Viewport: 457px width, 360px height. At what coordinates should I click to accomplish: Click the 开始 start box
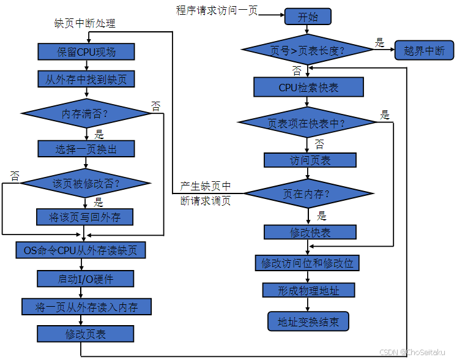click(x=308, y=17)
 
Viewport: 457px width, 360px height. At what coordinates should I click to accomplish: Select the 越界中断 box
click(x=424, y=50)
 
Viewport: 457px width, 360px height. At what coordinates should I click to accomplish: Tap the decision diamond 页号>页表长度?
click(x=307, y=50)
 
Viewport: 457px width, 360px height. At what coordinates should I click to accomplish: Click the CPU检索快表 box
click(x=308, y=87)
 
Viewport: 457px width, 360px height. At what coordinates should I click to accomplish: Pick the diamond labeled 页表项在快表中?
click(x=307, y=122)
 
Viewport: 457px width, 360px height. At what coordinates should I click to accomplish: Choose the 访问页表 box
click(x=310, y=160)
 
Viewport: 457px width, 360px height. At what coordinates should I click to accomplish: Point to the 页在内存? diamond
click(x=307, y=194)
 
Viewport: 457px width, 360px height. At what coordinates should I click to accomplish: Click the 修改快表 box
click(x=310, y=232)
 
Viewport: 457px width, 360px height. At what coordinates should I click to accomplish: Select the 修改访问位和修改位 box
click(x=307, y=263)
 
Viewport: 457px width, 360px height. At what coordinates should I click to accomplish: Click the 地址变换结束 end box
click(x=308, y=321)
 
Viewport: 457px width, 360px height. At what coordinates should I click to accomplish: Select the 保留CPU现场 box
click(x=86, y=51)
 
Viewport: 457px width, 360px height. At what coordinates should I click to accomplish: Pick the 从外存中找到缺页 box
click(x=86, y=80)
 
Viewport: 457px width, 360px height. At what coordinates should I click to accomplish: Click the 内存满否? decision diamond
click(x=86, y=114)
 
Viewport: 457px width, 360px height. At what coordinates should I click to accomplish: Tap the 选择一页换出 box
click(x=86, y=149)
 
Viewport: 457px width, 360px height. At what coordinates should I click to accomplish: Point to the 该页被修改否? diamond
click(x=86, y=183)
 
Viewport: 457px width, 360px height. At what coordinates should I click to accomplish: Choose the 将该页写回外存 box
click(x=86, y=217)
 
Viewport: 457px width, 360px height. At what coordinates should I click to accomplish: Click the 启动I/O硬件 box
click(x=86, y=279)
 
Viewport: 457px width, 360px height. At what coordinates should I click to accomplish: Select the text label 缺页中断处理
click(x=85, y=23)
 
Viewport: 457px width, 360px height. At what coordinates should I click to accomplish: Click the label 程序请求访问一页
click(x=217, y=10)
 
